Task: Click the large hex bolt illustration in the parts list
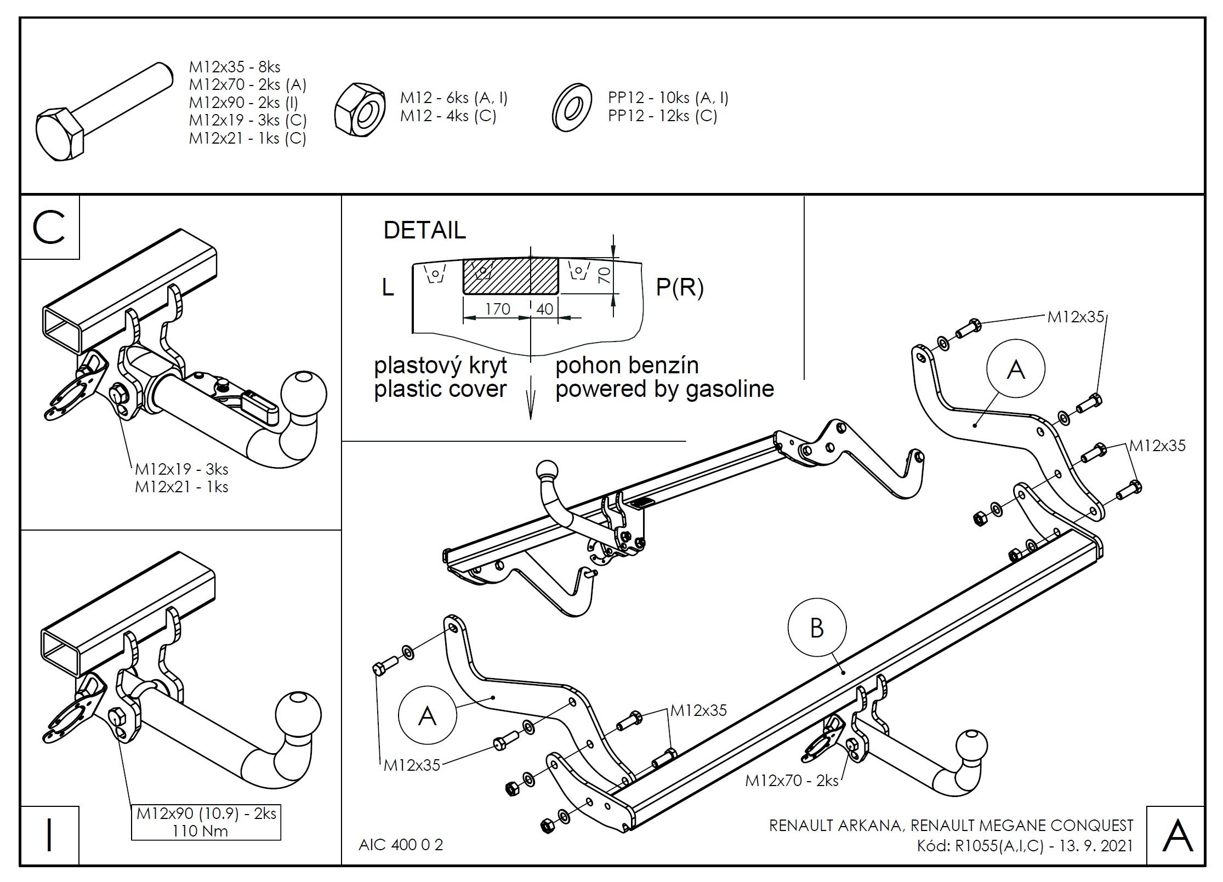click(x=104, y=112)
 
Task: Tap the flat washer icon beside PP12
click(x=572, y=108)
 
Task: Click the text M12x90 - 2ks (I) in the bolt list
click(x=243, y=103)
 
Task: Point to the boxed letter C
click(x=49, y=227)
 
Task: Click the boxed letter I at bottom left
click(x=49, y=835)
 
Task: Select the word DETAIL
click(x=424, y=230)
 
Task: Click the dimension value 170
click(x=497, y=309)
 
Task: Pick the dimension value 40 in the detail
click(x=544, y=309)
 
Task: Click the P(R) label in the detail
click(x=680, y=287)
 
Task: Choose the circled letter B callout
click(x=817, y=628)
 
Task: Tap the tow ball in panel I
click(x=298, y=715)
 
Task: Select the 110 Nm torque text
click(x=200, y=831)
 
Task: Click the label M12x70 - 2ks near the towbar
click(x=792, y=781)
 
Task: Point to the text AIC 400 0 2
click(x=401, y=845)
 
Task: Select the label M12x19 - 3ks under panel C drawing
click(x=181, y=469)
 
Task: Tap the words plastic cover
click(x=440, y=389)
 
